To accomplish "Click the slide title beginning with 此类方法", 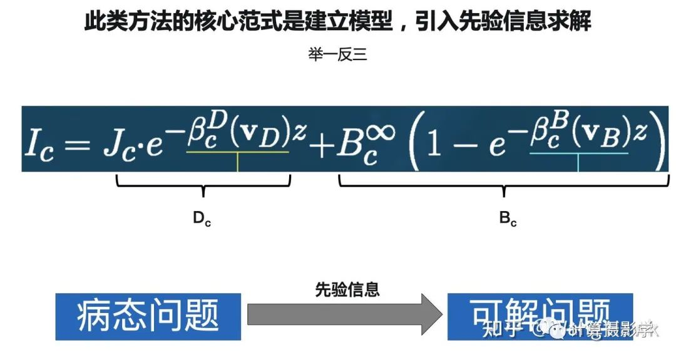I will click(x=338, y=23).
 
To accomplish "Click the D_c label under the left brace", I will click(x=201, y=219).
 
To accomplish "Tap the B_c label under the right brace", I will click(x=508, y=219).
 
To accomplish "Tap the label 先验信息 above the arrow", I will click(x=347, y=290).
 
